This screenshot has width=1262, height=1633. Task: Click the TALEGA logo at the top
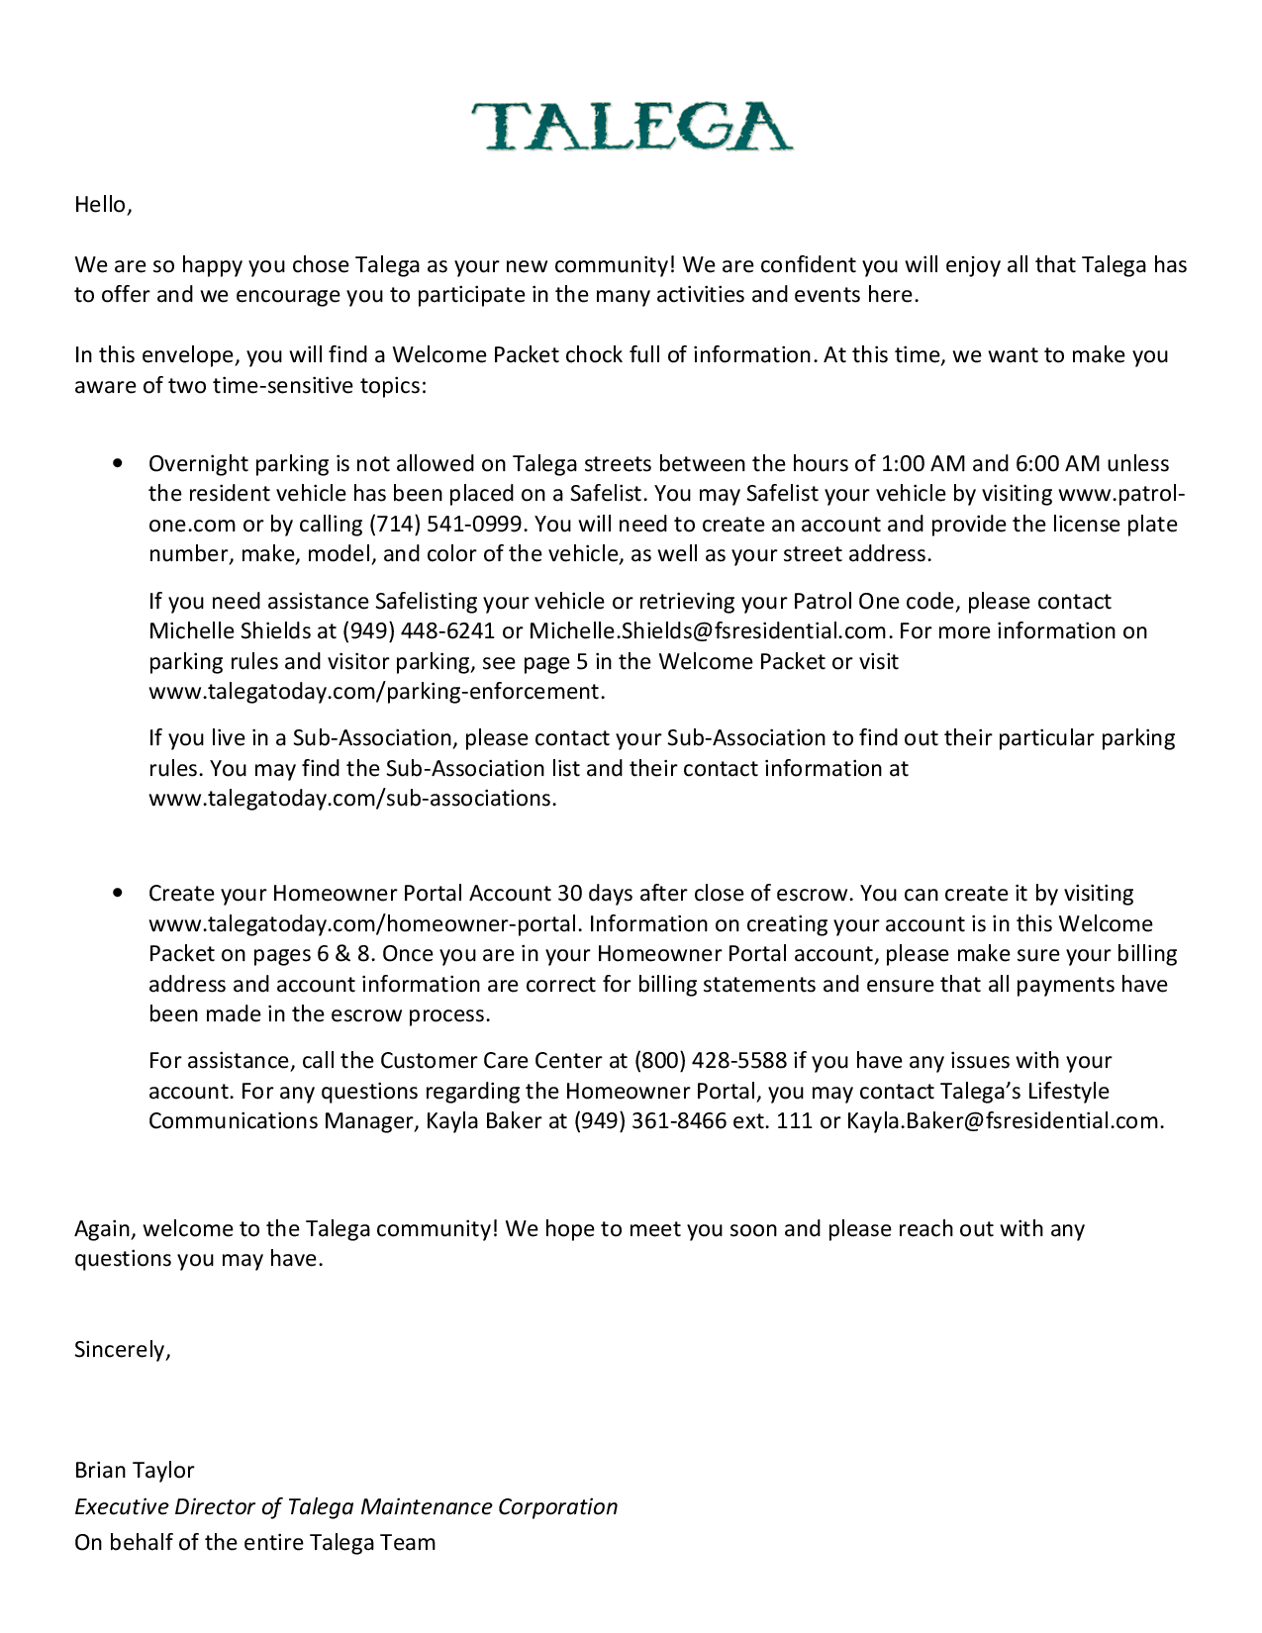(x=631, y=126)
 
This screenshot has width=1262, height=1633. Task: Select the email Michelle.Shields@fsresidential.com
(x=707, y=631)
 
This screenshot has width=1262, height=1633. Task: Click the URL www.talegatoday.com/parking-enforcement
(x=375, y=692)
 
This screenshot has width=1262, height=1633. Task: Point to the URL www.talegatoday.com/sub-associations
(x=351, y=799)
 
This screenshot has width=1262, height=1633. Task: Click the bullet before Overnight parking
(x=119, y=463)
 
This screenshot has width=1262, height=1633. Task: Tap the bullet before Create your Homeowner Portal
(x=119, y=893)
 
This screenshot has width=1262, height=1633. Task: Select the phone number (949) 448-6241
(x=419, y=631)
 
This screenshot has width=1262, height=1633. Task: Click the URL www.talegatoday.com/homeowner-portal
(x=362, y=924)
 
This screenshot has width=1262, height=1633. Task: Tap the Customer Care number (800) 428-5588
(x=710, y=1061)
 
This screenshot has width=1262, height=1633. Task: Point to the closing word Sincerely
(x=121, y=1350)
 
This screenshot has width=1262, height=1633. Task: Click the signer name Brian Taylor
(x=135, y=1471)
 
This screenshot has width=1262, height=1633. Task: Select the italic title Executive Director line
(x=345, y=1507)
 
